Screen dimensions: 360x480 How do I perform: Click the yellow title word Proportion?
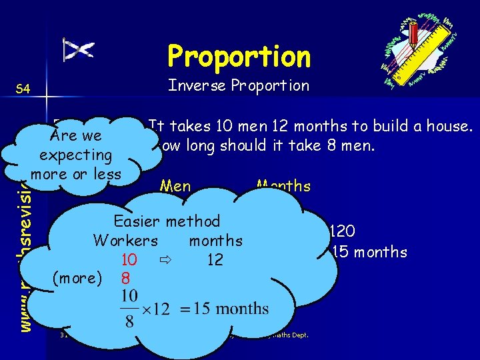point(239,57)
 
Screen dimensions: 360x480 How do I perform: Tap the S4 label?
point(23,88)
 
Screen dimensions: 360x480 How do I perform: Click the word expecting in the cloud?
point(75,155)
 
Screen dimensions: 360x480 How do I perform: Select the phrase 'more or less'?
point(75,173)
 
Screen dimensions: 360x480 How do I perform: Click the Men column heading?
point(175,187)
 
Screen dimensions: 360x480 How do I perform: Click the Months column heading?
point(283,185)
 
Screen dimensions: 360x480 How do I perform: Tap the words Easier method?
point(167,221)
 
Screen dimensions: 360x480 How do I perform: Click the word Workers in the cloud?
point(126,240)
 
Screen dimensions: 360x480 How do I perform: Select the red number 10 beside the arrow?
point(131,259)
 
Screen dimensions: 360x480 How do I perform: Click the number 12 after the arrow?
point(214,259)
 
